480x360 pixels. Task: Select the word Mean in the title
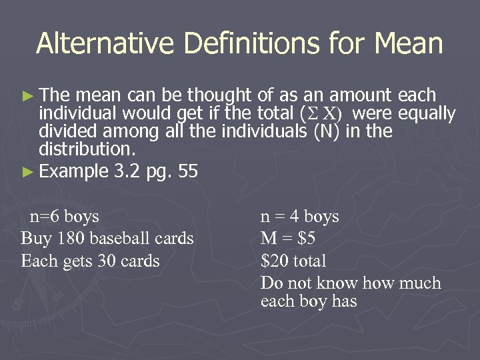tap(409, 44)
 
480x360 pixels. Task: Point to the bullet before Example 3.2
tap(30, 172)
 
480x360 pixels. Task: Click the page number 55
tap(188, 171)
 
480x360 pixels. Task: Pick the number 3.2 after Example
tap(127, 171)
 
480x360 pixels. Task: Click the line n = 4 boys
tap(299, 217)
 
